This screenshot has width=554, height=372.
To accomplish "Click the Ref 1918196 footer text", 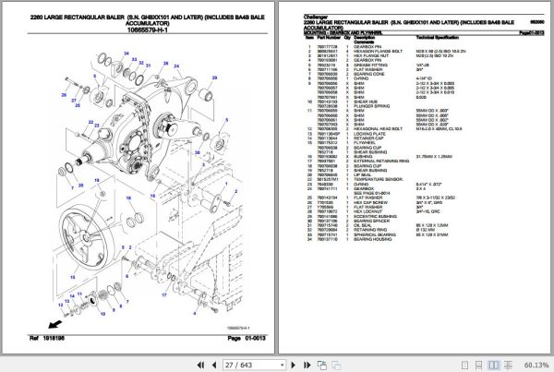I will (x=40, y=340).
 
